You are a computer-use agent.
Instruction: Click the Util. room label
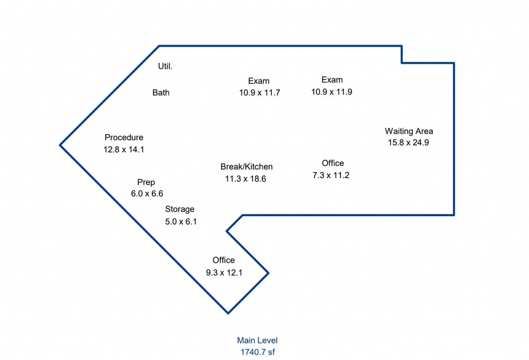165,66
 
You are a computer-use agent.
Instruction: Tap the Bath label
161,93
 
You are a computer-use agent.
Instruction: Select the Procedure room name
124,138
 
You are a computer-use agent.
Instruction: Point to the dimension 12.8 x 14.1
124,149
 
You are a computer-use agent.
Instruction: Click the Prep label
146,182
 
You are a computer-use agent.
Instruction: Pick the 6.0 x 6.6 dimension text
147,193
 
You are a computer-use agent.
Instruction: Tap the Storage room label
179,209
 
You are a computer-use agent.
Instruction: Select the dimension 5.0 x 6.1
181,222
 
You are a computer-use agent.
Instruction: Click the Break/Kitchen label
246,167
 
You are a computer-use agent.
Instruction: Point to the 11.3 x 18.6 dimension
246,179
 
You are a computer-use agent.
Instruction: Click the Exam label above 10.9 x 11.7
259,81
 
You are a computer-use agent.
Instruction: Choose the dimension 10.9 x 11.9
332,92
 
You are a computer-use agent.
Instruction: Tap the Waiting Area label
409,131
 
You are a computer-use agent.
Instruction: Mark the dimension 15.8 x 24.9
409,143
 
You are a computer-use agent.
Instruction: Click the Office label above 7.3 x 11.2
332,163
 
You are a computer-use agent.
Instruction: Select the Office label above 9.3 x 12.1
223,260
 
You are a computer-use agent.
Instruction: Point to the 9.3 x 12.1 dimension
224,272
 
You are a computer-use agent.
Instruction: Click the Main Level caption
257,340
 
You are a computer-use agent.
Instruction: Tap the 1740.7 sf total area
257,352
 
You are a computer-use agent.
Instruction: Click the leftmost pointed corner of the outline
60,145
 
